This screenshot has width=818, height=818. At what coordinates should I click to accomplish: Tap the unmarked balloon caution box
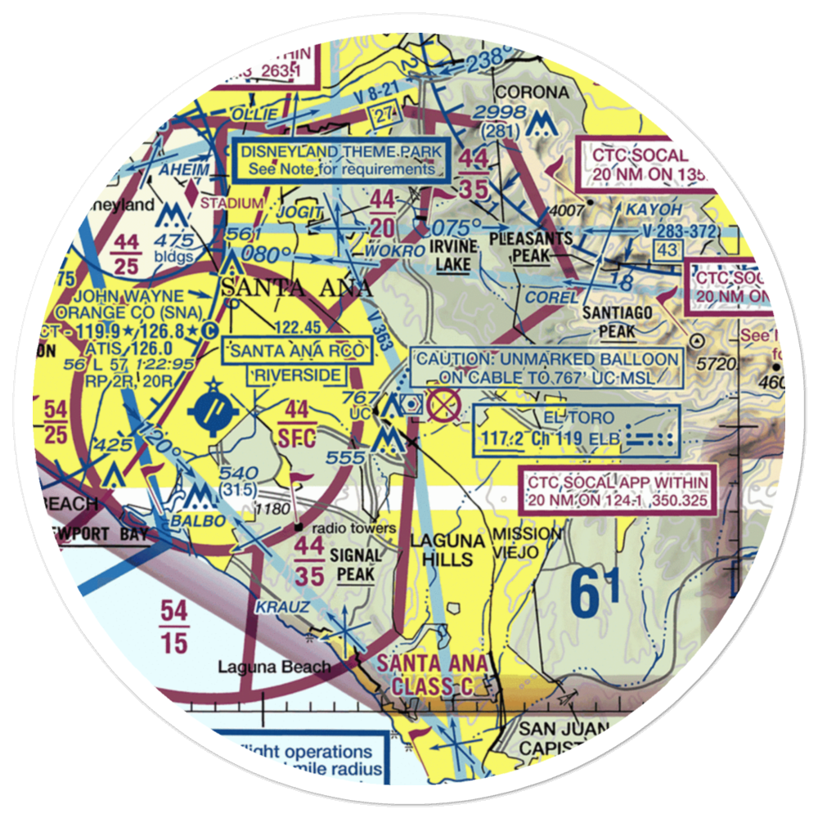(546, 367)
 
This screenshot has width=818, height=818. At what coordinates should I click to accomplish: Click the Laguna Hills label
(442, 550)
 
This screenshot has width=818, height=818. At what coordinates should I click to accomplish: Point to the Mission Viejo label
(527, 543)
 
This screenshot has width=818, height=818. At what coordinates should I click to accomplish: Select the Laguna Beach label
(274, 667)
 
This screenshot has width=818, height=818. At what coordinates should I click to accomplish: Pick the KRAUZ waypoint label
(282, 607)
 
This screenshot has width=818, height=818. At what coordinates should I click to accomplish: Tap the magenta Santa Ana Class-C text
(433, 676)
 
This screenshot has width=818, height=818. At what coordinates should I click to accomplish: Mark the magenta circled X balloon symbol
(443, 403)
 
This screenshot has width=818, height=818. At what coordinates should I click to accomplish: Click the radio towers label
(352, 528)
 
